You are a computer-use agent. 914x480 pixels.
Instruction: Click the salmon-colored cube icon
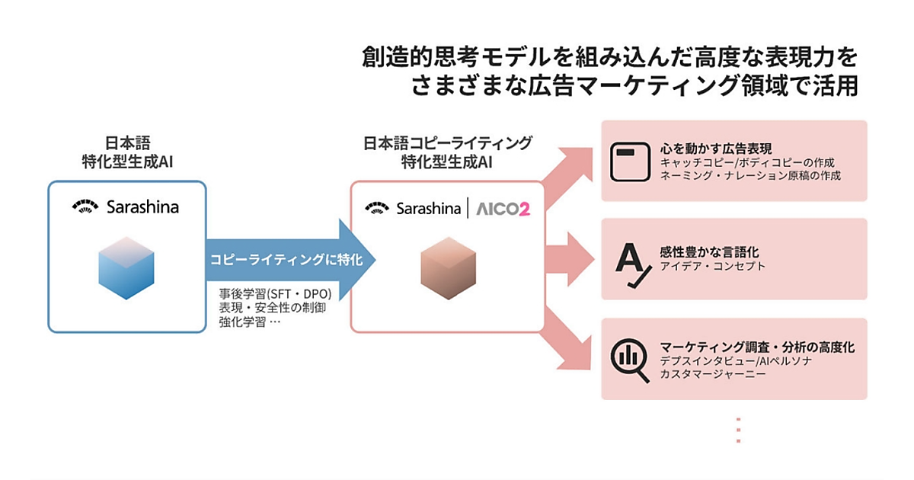[448, 266]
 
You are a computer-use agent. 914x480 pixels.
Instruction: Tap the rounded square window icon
[629, 160]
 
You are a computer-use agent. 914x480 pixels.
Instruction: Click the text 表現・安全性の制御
[264, 308]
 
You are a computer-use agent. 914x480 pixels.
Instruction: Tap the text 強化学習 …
[250, 322]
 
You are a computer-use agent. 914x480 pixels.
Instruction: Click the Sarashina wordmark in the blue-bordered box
[142, 206]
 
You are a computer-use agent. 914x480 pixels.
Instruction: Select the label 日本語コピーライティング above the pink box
[448, 143]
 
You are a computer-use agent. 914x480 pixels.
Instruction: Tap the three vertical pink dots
[737, 430]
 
